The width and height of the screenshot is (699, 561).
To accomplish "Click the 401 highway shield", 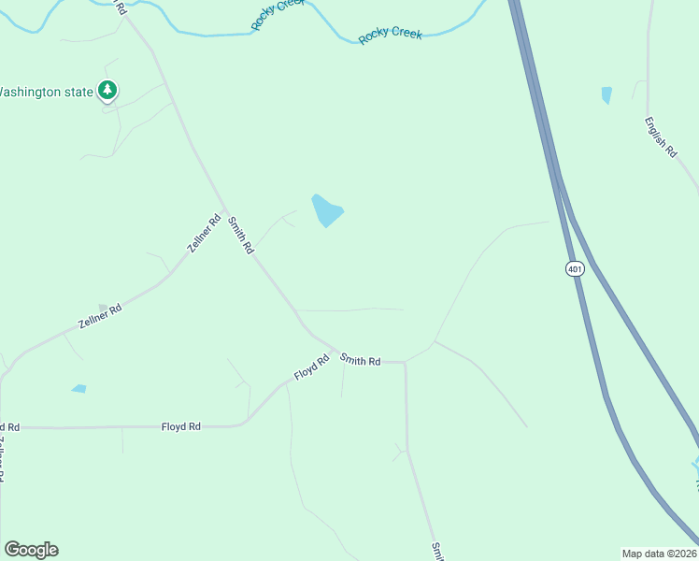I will coord(575,268).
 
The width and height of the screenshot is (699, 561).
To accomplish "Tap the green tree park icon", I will coord(109,91).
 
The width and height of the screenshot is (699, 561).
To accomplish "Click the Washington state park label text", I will coord(46,92).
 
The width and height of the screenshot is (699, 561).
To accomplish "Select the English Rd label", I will coord(660,137).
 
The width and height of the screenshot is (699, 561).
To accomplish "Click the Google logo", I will coord(31,550).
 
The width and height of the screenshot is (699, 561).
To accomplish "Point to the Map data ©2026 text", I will coord(659,553).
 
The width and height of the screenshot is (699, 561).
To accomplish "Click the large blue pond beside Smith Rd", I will coord(326,211).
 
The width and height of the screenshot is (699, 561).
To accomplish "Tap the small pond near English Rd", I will coord(607,94).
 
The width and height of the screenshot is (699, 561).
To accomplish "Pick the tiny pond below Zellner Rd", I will coord(78,388).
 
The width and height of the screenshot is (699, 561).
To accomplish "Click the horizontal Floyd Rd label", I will coord(181,426).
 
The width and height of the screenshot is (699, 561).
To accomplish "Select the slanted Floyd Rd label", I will coord(312,367).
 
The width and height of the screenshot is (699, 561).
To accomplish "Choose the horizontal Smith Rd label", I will coord(361,360).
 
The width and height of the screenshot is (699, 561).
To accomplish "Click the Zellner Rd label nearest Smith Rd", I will coord(203,235).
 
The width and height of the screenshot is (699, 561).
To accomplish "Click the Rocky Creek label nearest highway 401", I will coord(391,35).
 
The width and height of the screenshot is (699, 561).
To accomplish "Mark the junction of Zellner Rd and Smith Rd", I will coord(225,209).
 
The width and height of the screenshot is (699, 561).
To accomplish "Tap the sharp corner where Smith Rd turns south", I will coord(405,362).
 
